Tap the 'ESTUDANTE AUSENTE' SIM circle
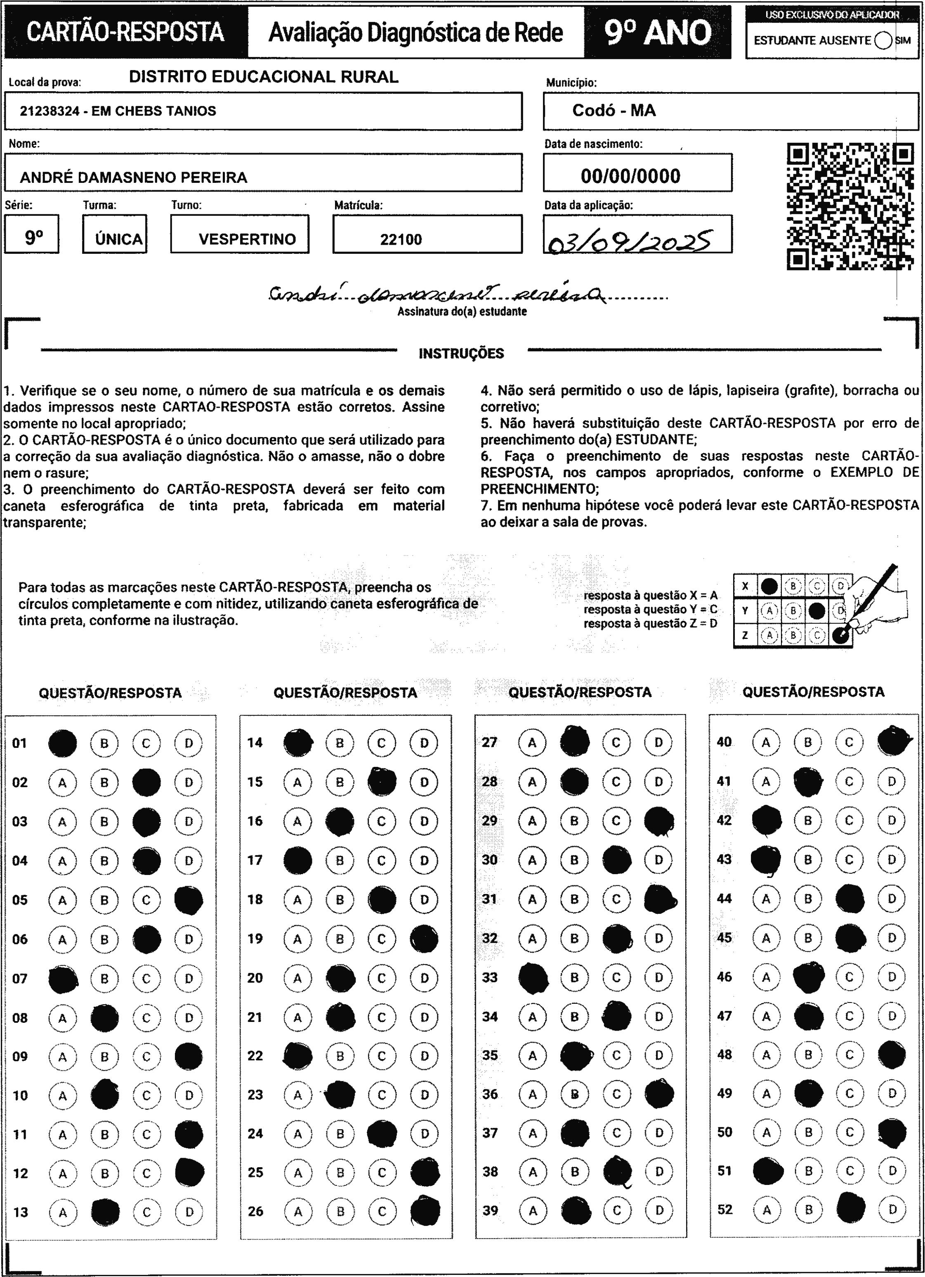point(883,40)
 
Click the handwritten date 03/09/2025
point(628,241)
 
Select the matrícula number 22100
point(401,240)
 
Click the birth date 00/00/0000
point(630,176)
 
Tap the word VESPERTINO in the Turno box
point(247,239)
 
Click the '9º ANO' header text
point(658,33)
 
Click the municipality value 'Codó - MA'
point(614,110)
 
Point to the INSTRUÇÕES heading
point(461,354)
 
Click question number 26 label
point(255,1211)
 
